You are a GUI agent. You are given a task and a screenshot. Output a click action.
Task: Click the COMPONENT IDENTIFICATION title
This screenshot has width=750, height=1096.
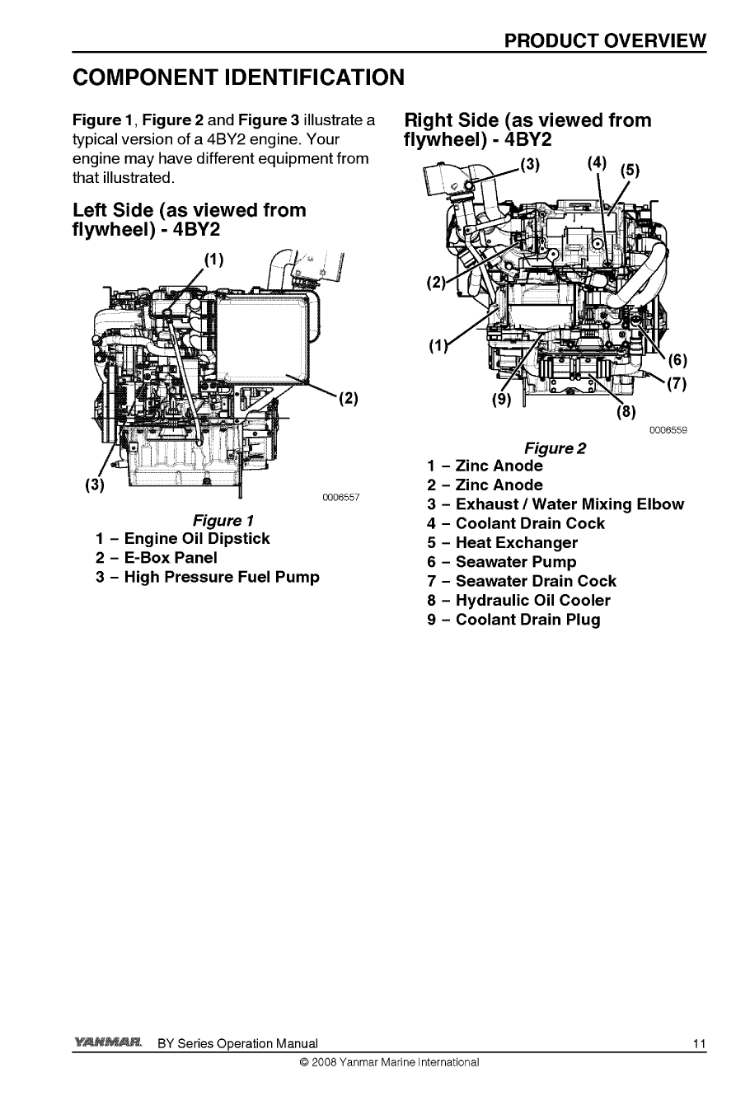click(239, 77)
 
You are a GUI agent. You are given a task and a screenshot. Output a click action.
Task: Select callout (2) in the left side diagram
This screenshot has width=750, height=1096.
click(348, 400)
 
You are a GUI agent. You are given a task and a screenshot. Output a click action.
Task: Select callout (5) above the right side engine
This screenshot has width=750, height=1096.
click(630, 171)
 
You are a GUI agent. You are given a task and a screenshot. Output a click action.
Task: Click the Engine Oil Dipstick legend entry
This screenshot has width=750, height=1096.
click(183, 539)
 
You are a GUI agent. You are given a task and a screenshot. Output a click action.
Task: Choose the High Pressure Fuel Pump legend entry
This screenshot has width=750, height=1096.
click(208, 577)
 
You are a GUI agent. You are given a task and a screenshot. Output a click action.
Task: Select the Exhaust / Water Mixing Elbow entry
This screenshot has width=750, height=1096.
click(555, 504)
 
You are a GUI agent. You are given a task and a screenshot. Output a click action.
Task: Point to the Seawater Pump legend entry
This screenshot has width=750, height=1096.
click(502, 562)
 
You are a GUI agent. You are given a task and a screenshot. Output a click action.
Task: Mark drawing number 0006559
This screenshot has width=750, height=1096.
click(668, 430)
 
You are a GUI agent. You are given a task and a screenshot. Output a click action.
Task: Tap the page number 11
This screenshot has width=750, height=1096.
click(699, 1044)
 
